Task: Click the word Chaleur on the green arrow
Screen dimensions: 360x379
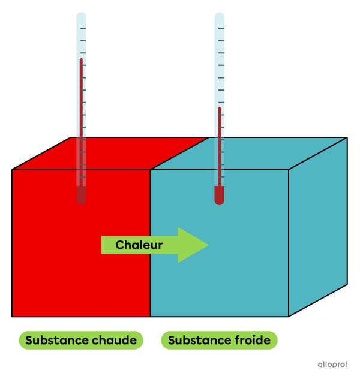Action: (x=139, y=245)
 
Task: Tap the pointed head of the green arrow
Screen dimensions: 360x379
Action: (x=208, y=245)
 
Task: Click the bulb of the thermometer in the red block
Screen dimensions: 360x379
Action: (x=81, y=195)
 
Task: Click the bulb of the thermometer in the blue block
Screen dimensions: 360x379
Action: (x=219, y=195)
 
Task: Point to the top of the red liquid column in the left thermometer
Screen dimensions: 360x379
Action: (x=81, y=59)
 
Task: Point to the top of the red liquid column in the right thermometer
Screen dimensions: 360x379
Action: (x=219, y=107)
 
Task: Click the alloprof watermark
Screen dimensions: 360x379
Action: (x=332, y=365)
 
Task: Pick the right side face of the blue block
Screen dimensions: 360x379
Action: (x=318, y=227)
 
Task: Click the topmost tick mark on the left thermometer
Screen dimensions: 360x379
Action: (x=83, y=28)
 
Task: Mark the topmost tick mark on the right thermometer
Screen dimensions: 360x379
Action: (x=221, y=28)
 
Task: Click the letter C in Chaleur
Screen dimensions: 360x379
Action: (x=119, y=245)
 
